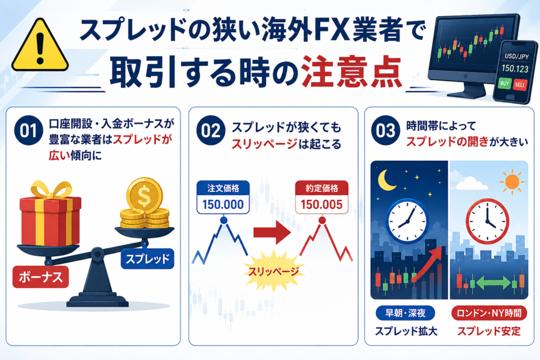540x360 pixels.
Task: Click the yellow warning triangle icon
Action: click(x=40, y=46)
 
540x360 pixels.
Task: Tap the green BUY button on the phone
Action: click(x=505, y=83)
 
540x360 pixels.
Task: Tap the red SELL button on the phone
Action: click(x=519, y=85)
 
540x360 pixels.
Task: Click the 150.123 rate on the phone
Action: click(x=515, y=69)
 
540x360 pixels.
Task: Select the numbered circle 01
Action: click(x=28, y=130)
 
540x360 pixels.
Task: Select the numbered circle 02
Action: click(x=211, y=130)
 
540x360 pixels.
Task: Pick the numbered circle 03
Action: click(x=385, y=130)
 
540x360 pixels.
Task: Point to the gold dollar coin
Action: click(x=144, y=196)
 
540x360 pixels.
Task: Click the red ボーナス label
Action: click(x=41, y=277)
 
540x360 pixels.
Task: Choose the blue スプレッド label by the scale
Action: click(x=148, y=258)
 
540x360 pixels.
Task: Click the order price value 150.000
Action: click(x=223, y=205)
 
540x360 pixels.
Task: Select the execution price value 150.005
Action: click(x=322, y=205)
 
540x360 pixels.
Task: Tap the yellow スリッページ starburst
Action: click(x=274, y=271)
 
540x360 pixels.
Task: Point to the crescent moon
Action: click(x=387, y=180)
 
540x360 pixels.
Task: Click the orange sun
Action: click(x=512, y=181)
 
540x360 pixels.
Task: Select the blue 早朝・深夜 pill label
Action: click(x=406, y=313)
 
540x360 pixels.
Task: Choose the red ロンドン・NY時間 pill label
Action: click(x=489, y=313)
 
